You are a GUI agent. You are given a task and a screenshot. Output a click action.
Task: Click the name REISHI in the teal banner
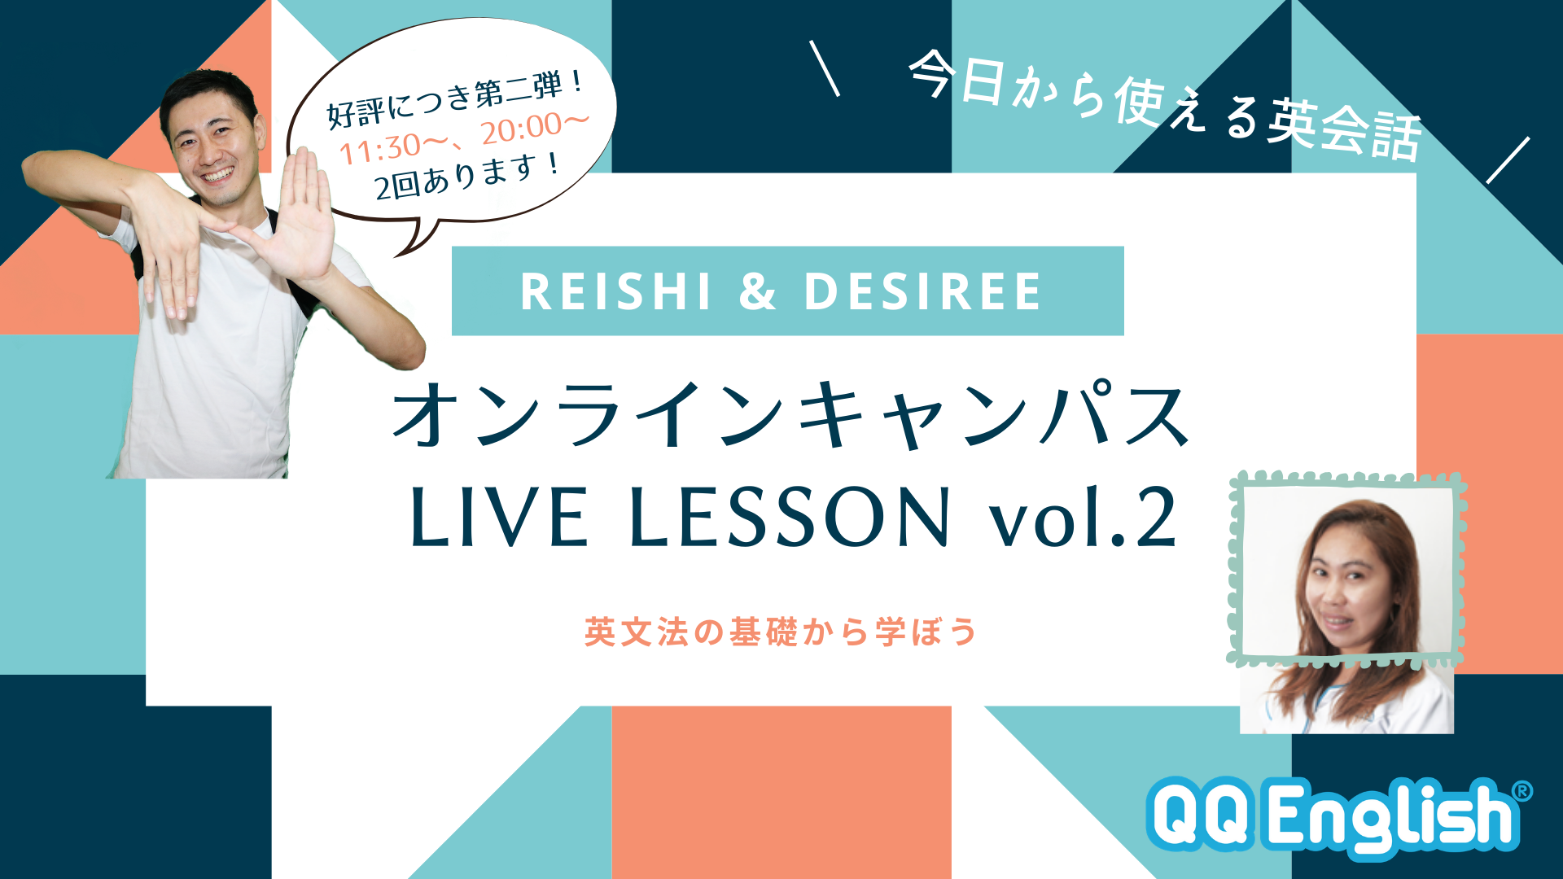click(x=615, y=291)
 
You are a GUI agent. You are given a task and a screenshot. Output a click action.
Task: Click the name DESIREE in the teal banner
click(x=922, y=291)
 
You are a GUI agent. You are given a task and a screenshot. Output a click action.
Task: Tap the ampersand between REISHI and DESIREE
click(x=757, y=291)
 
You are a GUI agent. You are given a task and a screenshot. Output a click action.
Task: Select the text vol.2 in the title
click(x=1084, y=517)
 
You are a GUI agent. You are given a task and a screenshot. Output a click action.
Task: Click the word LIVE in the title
click(x=499, y=517)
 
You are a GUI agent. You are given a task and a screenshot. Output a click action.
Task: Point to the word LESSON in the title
click(x=790, y=517)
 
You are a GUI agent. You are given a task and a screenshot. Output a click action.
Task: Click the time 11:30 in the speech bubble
click(x=379, y=149)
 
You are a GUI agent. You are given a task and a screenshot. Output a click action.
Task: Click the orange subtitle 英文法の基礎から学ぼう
click(x=781, y=632)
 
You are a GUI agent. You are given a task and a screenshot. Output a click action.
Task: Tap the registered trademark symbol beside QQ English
click(x=1521, y=791)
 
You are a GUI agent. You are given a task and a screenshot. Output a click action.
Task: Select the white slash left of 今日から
click(x=825, y=68)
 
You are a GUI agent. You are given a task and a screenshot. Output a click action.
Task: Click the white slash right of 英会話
click(x=1508, y=160)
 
